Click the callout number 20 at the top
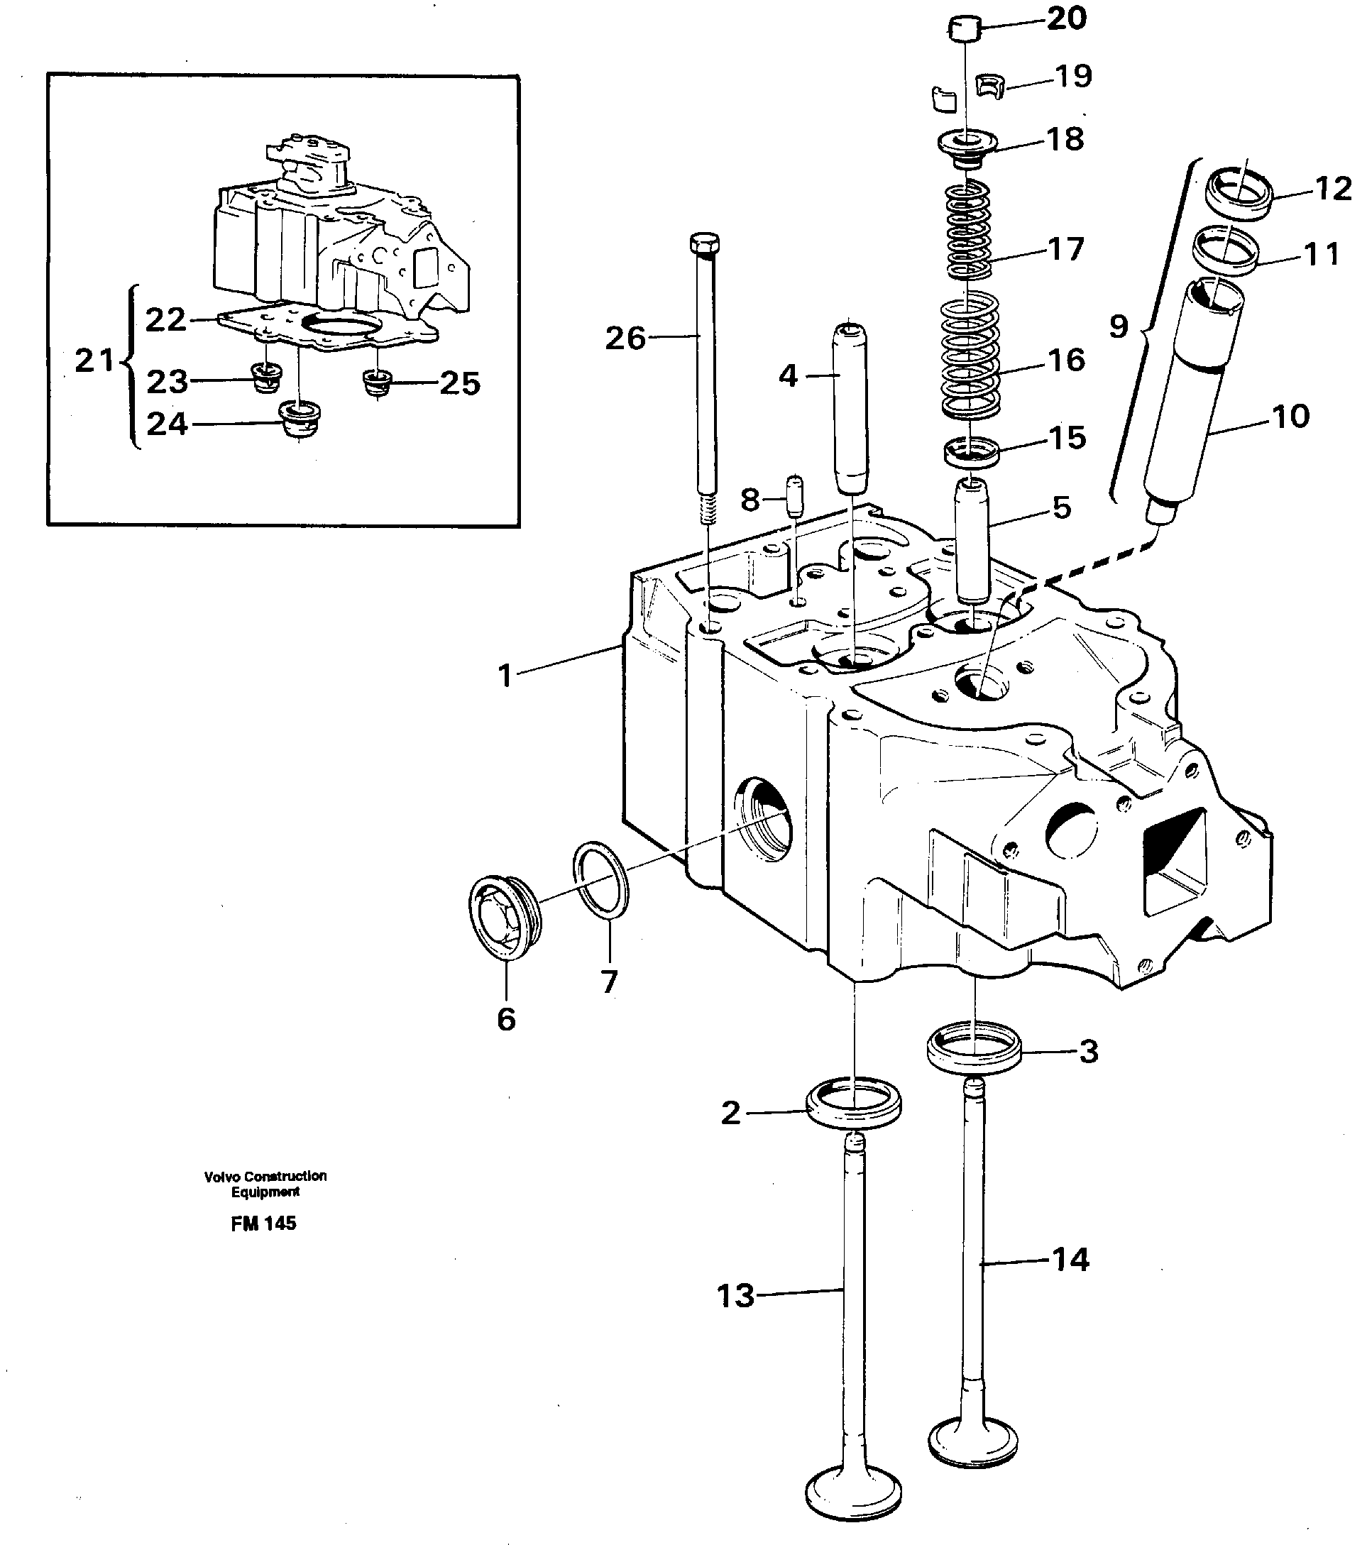[1066, 18]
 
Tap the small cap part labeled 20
[965, 31]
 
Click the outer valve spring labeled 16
[970, 356]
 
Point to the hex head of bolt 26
[705, 243]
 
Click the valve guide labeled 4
[850, 408]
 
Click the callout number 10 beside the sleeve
[1290, 417]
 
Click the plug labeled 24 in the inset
[300, 419]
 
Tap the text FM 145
[263, 1224]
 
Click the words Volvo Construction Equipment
[265, 1184]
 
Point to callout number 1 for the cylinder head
[505, 675]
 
